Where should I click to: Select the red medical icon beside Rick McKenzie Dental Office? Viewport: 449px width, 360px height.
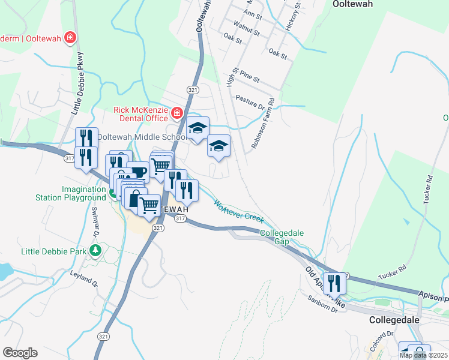(x=177, y=113)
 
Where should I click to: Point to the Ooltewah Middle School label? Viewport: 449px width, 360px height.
(x=142, y=137)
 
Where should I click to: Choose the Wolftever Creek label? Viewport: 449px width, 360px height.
(x=239, y=210)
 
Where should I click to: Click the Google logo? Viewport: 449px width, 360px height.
(x=20, y=353)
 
